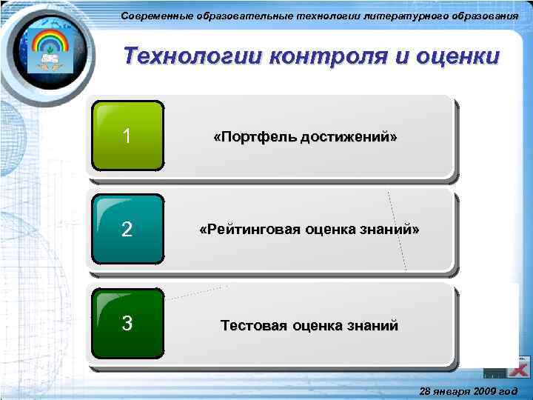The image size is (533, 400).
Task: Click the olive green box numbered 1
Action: [x=127, y=136]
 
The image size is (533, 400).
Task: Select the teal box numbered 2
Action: [x=127, y=230]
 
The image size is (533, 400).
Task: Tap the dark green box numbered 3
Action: [x=127, y=324]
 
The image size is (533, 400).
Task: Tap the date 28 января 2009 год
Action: [x=468, y=390]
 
